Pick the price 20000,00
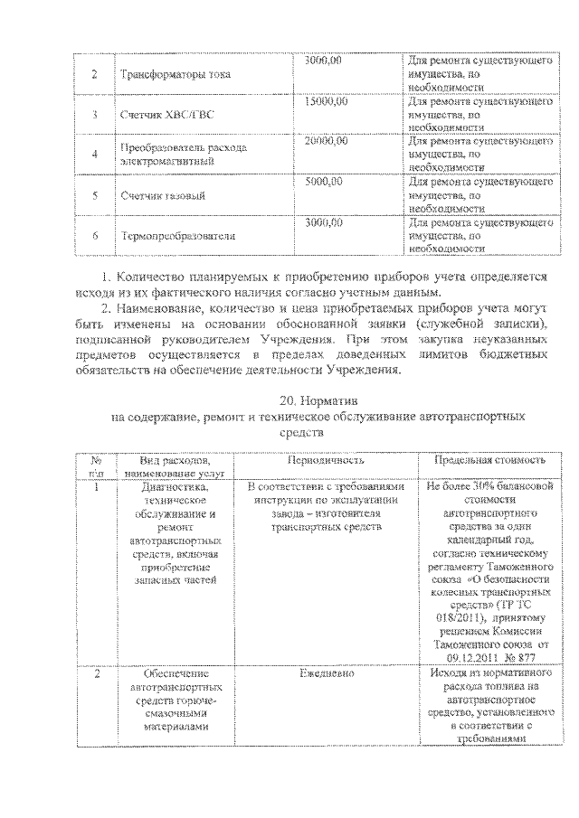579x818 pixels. (326, 142)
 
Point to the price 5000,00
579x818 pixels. (323, 182)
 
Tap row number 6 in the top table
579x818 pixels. (94, 235)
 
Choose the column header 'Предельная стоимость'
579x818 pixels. (489, 459)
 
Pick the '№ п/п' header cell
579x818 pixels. (96, 465)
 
